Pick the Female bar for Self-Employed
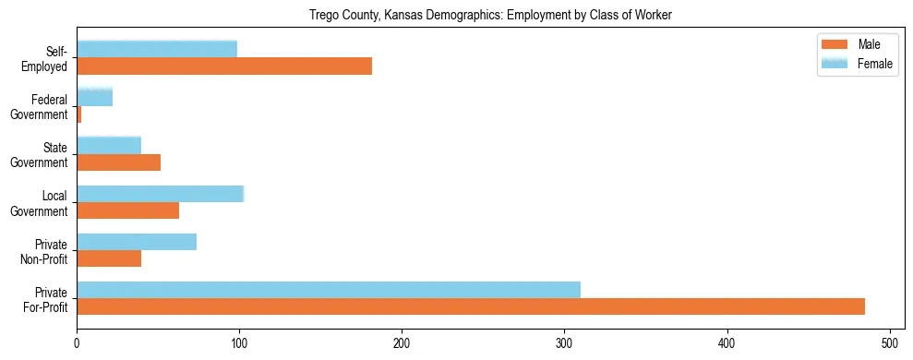[x=157, y=49]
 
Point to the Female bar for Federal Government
[x=95, y=97]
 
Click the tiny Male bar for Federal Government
[x=79, y=114]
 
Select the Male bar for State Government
[x=119, y=162]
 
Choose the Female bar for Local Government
[x=161, y=193]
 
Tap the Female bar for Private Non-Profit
[x=137, y=242]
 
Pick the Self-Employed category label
[x=51, y=58]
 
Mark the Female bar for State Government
[x=109, y=145]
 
